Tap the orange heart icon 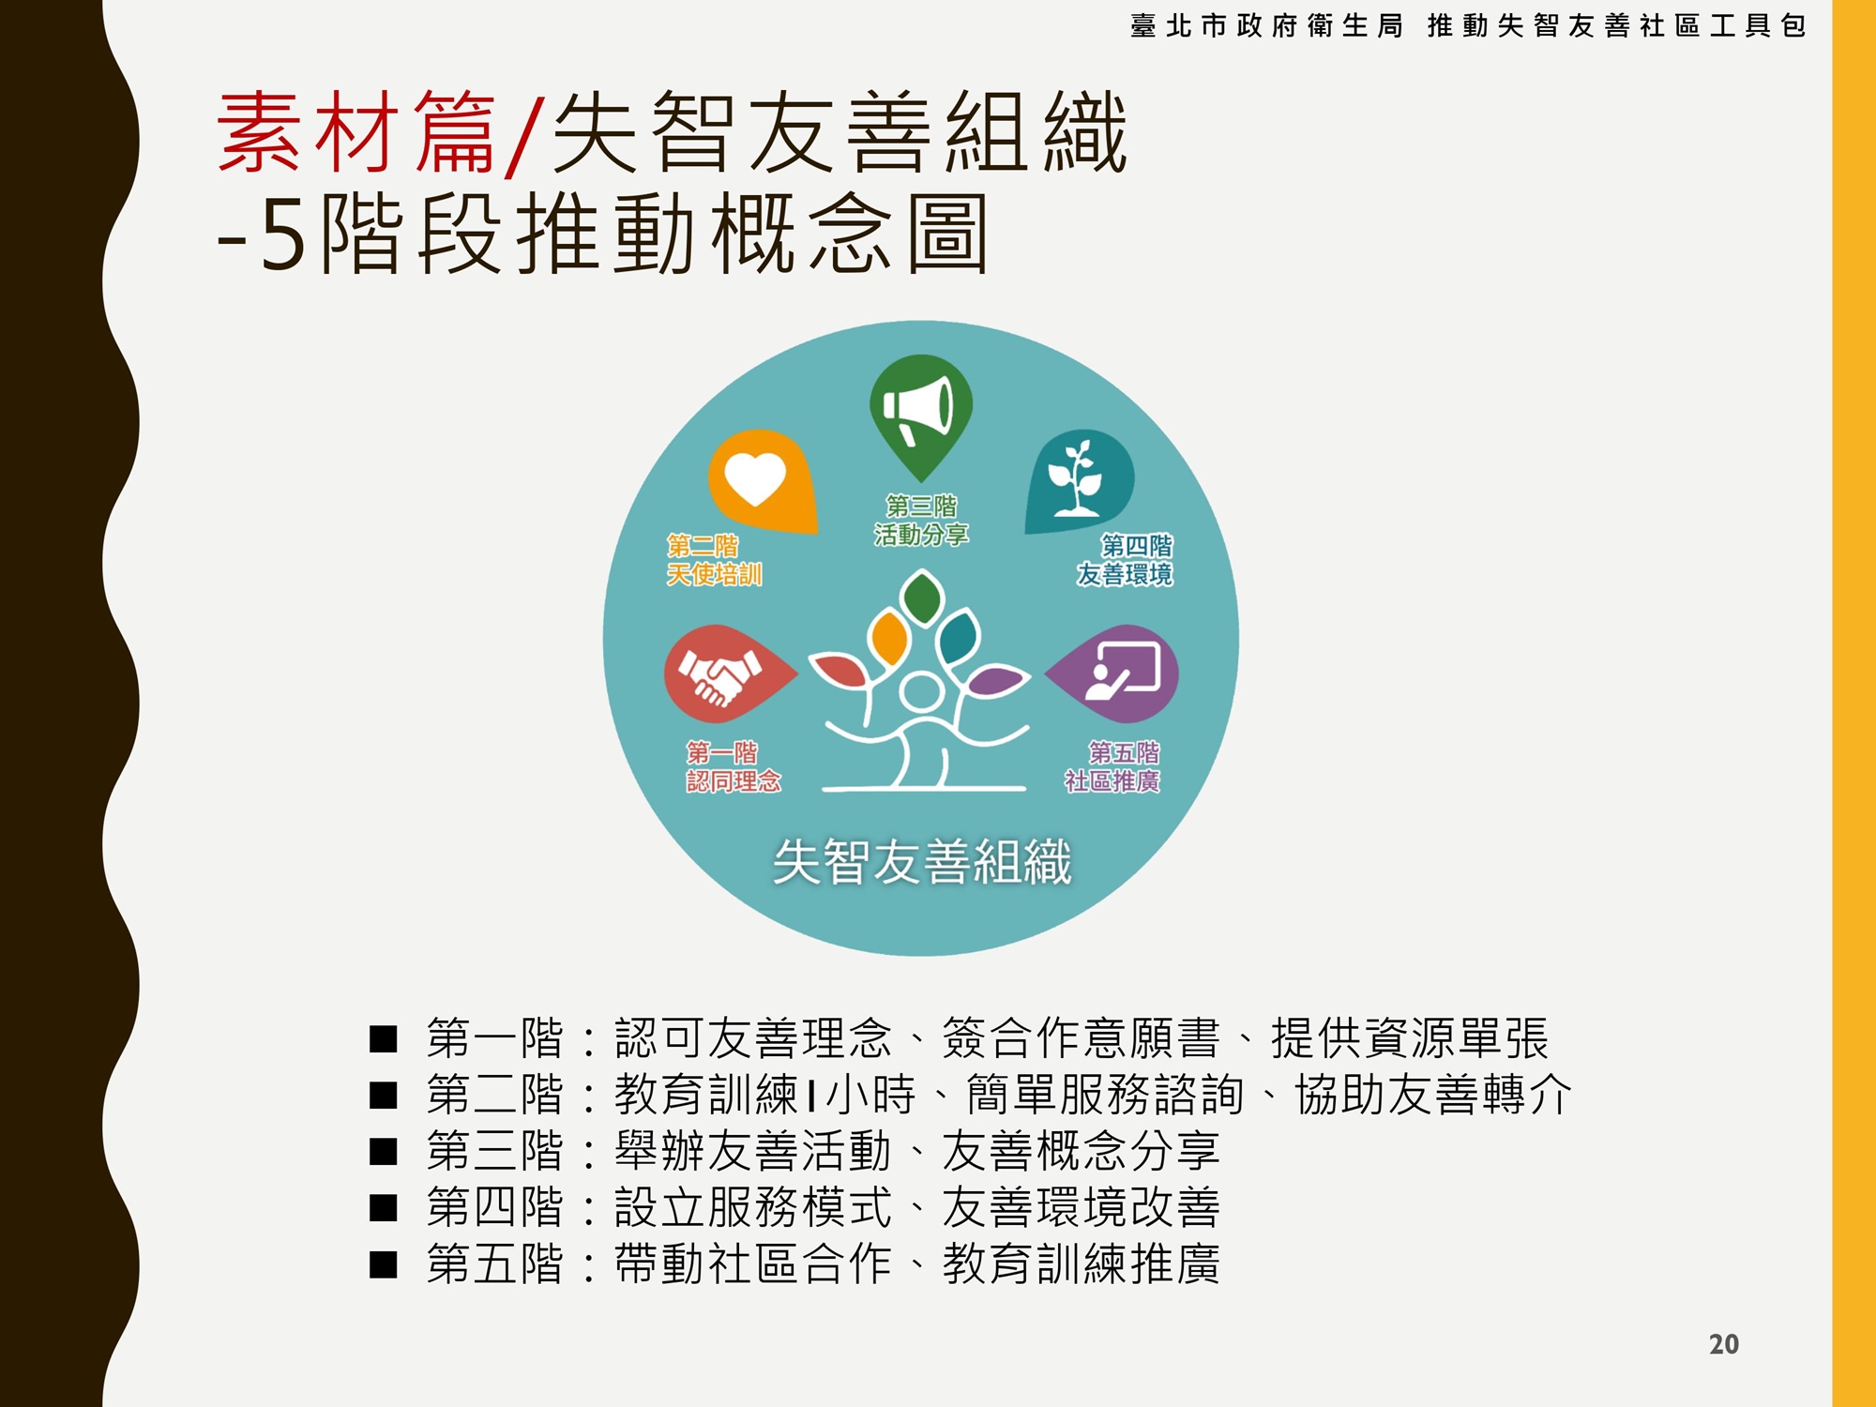point(759,480)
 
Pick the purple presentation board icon point(1116,674)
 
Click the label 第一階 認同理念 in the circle point(734,767)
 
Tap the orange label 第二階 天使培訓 point(714,560)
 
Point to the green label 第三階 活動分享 point(921,521)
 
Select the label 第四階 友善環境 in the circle point(1125,560)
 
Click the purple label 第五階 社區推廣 point(1112,767)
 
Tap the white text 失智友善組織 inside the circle point(922,861)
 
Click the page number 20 point(1724,1344)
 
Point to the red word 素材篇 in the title point(356,132)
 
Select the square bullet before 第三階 point(384,1151)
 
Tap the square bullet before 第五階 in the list point(384,1264)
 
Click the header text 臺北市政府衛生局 point(1266,25)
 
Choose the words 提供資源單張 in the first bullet point(1410,1038)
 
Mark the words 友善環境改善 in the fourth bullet point(1082,1207)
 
